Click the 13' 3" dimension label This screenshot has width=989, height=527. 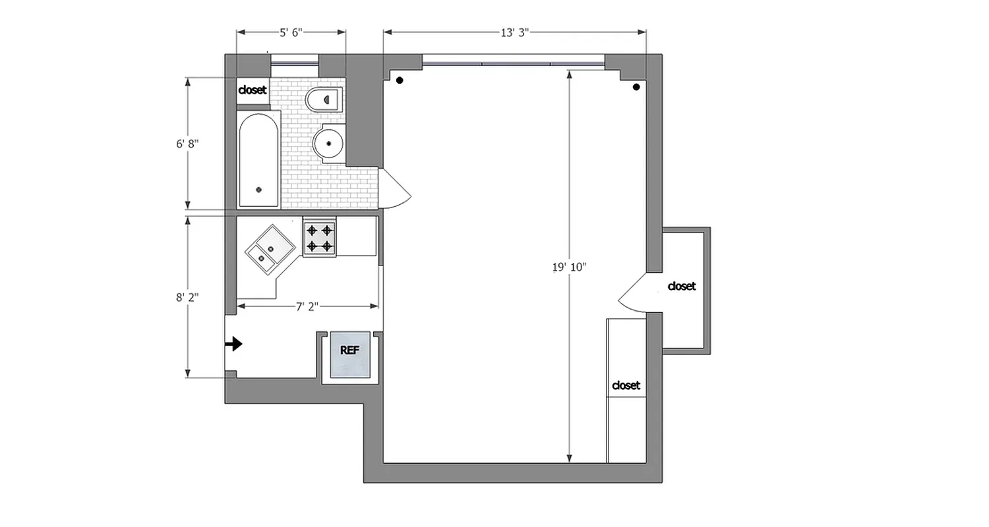[515, 33]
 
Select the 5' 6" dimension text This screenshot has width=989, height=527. [291, 33]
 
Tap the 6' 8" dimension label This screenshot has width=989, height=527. [187, 144]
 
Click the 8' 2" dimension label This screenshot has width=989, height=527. [187, 297]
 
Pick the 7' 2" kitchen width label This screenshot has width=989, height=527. [307, 306]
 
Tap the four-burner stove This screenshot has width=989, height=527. [319, 238]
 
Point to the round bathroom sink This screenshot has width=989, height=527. [328, 143]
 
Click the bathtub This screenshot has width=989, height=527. [258, 161]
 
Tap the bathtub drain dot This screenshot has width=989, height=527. [258, 190]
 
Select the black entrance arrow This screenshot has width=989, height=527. [234, 344]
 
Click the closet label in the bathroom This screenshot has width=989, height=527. [253, 90]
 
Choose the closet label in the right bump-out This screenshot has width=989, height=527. [681, 287]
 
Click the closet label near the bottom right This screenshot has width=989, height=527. [626, 385]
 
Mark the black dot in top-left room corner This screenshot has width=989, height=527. [400, 80]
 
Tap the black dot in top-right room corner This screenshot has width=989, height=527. [636, 87]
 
